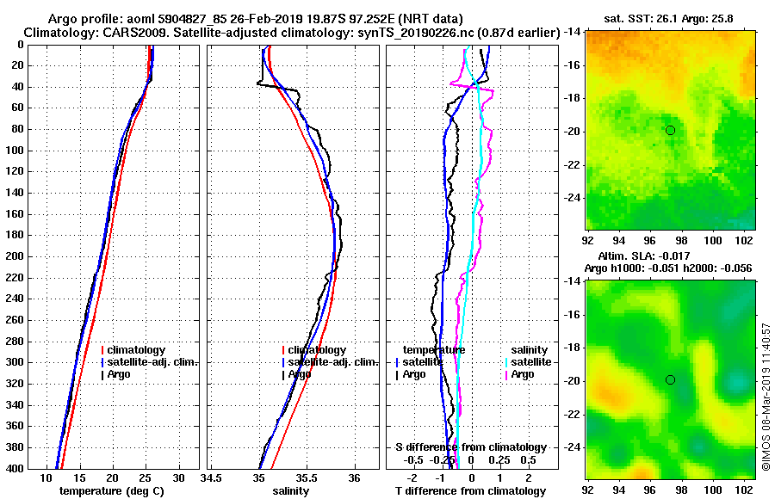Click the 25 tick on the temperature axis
pyautogui.click(x=146, y=477)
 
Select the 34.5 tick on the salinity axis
pyautogui.click(x=211, y=477)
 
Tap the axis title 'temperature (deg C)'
pyautogui.click(x=111, y=490)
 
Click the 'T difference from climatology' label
pyautogui.click(x=470, y=490)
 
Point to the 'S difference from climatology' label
pyautogui.click(x=470, y=447)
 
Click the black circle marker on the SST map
pyautogui.click(x=670, y=130)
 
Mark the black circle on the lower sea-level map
pyautogui.click(x=670, y=379)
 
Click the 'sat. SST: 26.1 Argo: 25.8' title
pyautogui.click(x=666, y=17)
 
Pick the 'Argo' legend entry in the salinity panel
pyautogui.click(x=299, y=374)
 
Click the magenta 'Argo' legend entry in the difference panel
pyautogui.click(x=522, y=374)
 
